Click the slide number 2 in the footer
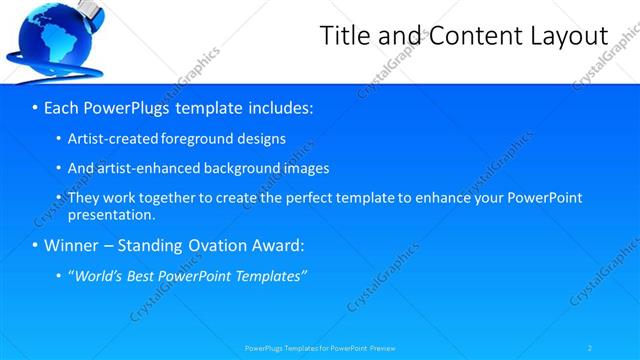590,347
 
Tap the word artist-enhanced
139,168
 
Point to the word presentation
110,214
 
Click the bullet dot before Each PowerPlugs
35,106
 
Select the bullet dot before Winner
35,245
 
